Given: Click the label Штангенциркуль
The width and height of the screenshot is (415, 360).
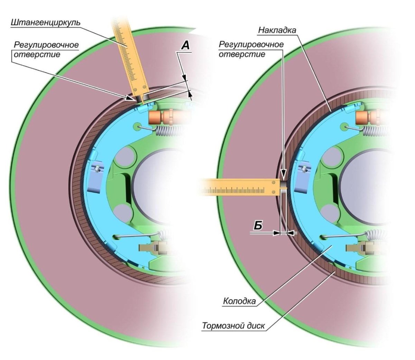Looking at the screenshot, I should tap(46, 22).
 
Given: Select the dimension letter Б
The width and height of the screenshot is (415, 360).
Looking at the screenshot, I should tap(257, 225).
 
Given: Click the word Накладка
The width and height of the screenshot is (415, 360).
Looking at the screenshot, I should tap(277, 30).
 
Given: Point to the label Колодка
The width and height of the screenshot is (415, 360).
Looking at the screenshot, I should tap(239, 301).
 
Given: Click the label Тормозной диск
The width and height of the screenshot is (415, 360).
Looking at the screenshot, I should tap(233, 326).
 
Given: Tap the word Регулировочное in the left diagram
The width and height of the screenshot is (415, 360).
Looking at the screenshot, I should tap(46, 45).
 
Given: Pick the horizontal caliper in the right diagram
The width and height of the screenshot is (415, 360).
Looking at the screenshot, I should tap(239, 189).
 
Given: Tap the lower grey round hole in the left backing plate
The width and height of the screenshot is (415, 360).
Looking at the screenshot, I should tap(121, 212).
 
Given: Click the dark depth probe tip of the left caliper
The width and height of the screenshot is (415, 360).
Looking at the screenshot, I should tap(140, 99).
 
